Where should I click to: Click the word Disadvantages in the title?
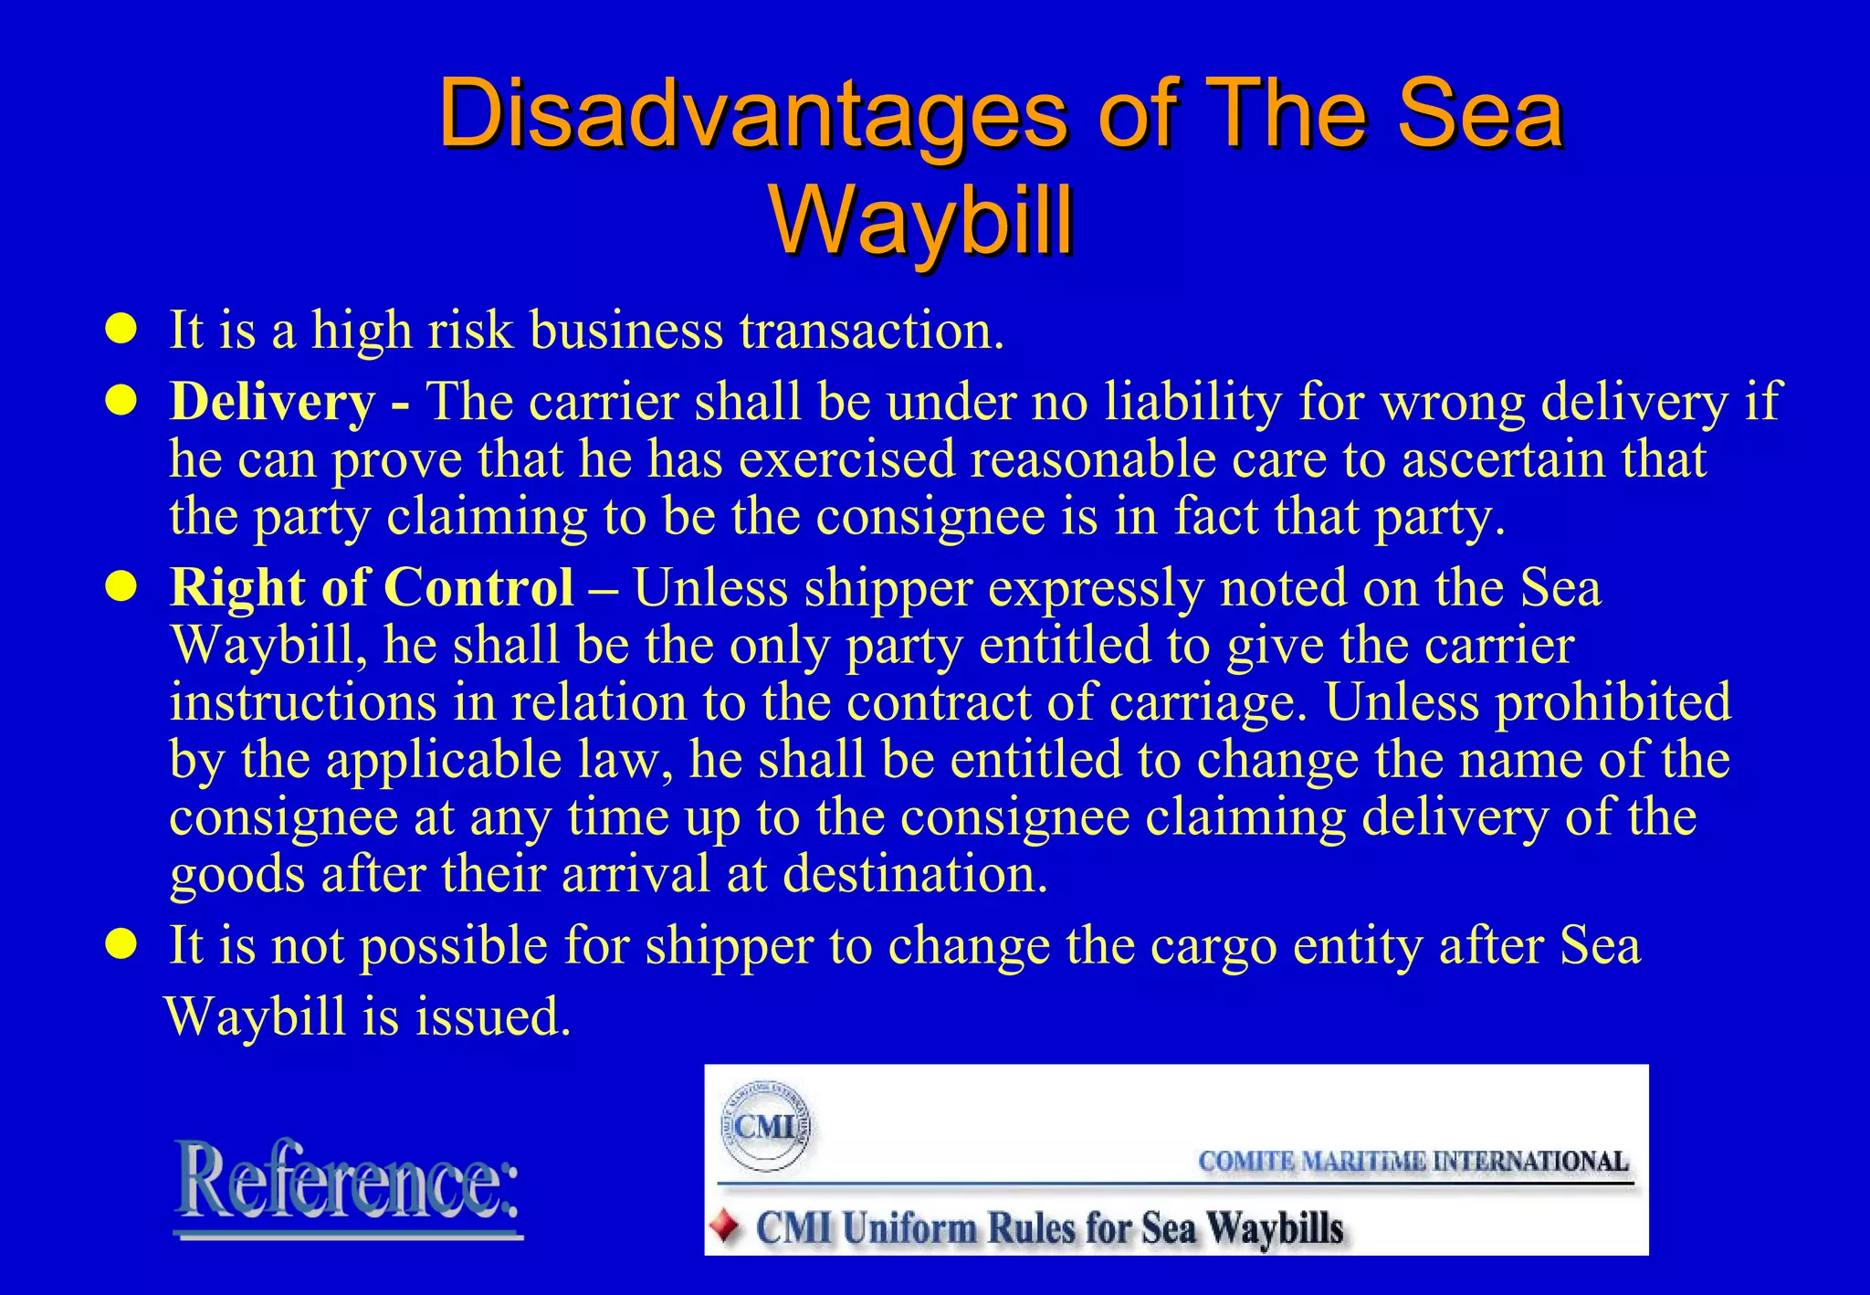click(751, 115)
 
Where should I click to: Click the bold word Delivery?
click(272, 402)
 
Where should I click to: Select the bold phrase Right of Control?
click(372, 587)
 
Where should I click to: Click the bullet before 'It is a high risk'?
click(121, 329)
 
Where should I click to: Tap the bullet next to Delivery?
click(121, 401)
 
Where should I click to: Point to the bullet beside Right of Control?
click(121, 587)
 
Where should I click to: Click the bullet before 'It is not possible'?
click(121, 944)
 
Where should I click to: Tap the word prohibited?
click(1613, 702)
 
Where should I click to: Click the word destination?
click(915, 874)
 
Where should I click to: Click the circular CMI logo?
click(765, 1125)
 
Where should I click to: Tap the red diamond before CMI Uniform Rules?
click(727, 1227)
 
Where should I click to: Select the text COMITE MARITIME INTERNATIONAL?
click(1413, 1162)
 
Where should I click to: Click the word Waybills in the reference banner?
click(1275, 1228)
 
